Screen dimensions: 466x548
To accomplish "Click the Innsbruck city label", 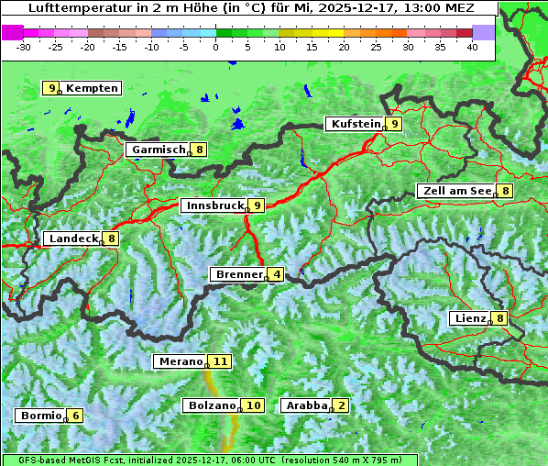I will click(214, 205).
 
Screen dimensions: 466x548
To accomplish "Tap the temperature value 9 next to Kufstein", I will click(394, 124).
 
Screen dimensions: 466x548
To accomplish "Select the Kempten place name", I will click(93, 88).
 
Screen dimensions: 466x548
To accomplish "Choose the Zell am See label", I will click(455, 191).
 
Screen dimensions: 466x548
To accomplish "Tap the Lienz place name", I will click(468, 318).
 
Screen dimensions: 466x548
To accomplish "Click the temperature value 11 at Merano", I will click(220, 361).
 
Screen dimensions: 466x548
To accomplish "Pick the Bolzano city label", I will click(212, 405).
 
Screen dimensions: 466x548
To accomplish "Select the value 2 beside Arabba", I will click(342, 405).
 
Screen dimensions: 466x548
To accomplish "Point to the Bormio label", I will click(40, 415).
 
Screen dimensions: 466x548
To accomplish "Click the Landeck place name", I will click(73, 239).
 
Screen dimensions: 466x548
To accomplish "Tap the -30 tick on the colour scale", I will click(24, 46).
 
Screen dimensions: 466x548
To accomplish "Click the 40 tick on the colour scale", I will click(472, 46).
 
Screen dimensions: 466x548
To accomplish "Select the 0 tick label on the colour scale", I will click(216, 46).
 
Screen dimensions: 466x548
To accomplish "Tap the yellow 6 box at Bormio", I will click(76, 415).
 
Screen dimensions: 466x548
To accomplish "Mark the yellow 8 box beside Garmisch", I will click(199, 149).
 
